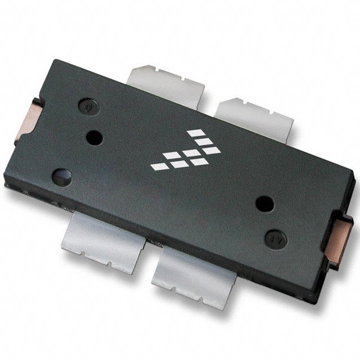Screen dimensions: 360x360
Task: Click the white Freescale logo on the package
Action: [x=186, y=150]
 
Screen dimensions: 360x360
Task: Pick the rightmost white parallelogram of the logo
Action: [x=211, y=150]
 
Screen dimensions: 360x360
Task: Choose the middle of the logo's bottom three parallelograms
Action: [x=178, y=164]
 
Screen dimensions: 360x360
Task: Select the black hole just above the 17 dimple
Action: [x=264, y=204]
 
